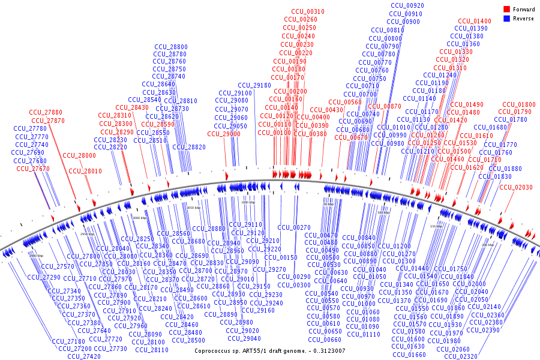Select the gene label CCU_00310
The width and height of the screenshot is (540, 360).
[308, 11]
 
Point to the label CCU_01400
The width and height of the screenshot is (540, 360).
[475, 21]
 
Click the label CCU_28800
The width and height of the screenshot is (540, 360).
[171, 46]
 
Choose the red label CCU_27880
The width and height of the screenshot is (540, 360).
[46, 112]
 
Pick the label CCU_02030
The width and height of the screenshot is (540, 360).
[516, 188]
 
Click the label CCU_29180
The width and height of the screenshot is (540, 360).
[254, 85]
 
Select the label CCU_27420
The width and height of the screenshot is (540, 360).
[84, 356]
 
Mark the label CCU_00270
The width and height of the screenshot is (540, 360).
[294, 227]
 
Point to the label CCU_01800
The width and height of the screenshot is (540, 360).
[519, 104]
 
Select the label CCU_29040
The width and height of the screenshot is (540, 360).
[242, 338]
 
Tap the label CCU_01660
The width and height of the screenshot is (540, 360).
[409, 355]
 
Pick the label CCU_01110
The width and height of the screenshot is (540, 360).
[364, 334]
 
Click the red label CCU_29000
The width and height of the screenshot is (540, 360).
[224, 134]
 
